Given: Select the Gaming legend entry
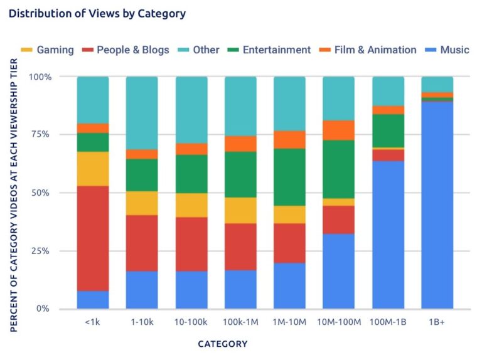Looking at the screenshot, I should click(x=48, y=50).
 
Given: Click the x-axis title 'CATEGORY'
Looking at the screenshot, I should click(x=223, y=344).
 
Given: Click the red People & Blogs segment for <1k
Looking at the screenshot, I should click(x=93, y=238).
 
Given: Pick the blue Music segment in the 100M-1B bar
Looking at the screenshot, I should click(x=388, y=235).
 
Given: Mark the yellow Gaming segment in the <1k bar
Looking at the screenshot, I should click(x=93, y=169).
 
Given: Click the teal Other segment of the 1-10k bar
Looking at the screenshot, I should click(x=142, y=113).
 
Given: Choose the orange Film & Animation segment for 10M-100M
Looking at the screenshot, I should click(x=339, y=130).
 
